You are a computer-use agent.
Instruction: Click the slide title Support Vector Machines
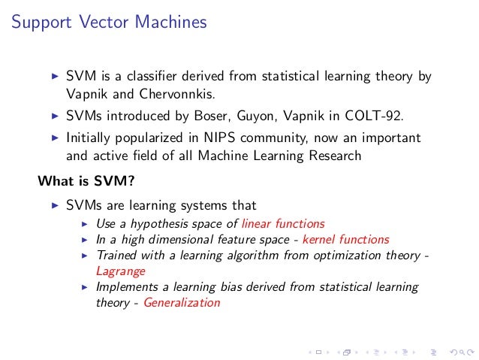click(x=109, y=23)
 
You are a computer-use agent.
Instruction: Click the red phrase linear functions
click(x=284, y=223)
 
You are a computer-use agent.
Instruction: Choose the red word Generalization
click(x=182, y=303)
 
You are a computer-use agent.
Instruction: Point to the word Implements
click(x=124, y=287)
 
